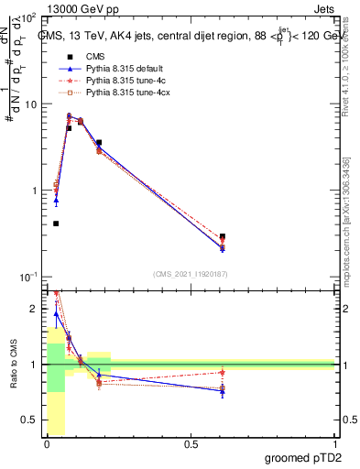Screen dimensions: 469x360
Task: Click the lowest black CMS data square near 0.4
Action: tap(56, 224)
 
